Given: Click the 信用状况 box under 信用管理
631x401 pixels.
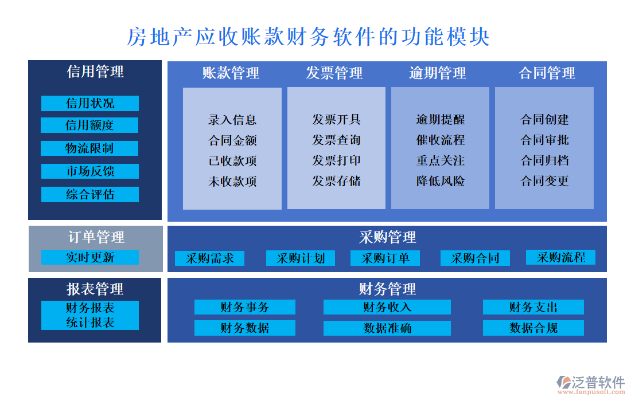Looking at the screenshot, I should [x=90, y=103].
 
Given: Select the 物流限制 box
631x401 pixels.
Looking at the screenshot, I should [x=89, y=148].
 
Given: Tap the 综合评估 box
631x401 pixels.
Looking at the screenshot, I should [x=90, y=194].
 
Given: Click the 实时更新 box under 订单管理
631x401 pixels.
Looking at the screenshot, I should [x=90, y=257].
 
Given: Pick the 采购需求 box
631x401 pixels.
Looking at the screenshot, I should [x=210, y=258].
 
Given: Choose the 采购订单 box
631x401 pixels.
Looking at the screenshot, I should [x=385, y=258].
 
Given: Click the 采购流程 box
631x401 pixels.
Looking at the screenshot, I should [x=560, y=257].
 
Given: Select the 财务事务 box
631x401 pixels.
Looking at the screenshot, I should [x=244, y=307].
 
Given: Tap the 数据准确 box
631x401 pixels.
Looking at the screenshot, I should [x=387, y=328].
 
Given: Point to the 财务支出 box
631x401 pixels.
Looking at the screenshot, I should [x=533, y=307].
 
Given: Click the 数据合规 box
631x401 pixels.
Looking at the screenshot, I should [x=533, y=328].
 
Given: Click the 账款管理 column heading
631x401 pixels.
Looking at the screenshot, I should [x=231, y=73].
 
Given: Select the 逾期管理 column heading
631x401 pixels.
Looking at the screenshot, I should [x=438, y=73].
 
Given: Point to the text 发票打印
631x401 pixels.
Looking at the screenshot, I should [x=337, y=160].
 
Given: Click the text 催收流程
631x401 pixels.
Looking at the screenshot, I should [x=441, y=140].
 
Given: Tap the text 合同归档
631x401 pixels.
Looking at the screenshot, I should [x=544, y=160].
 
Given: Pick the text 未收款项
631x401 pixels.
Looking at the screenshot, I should [x=232, y=182].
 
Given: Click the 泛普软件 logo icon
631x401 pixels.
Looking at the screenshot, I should [x=565, y=383].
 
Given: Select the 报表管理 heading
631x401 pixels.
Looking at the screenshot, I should [x=95, y=289].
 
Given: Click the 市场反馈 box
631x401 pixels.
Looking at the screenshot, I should [x=90, y=171].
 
